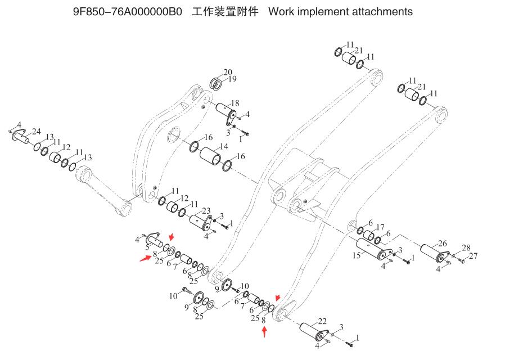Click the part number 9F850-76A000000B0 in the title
tap(128, 12)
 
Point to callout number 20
tap(228, 72)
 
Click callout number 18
tap(235, 103)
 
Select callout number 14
tap(224, 146)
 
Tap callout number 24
tap(37, 132)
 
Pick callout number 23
tap(206, 210)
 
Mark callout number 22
tap(322, 321)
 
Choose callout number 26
tap(443, 244)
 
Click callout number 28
tap(466, 248)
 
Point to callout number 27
tap(474, 256)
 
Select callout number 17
tap(380, 227)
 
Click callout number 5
tap(147, 247)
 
